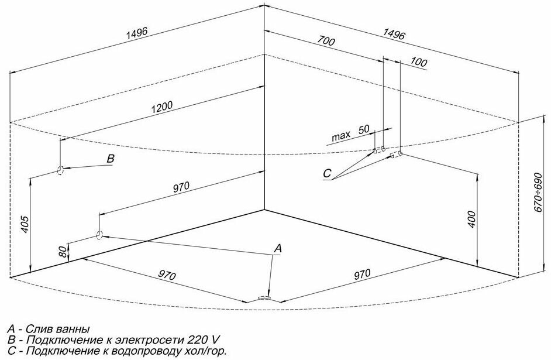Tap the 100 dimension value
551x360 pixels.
(x=419, y=61)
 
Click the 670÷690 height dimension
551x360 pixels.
(x=539, y=194)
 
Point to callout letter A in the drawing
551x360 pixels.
(x=278, y=248)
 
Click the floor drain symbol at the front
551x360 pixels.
(x=264, y=298)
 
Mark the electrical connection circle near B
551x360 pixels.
(x=60, y=170)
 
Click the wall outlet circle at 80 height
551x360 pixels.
(x=99, y=235)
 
